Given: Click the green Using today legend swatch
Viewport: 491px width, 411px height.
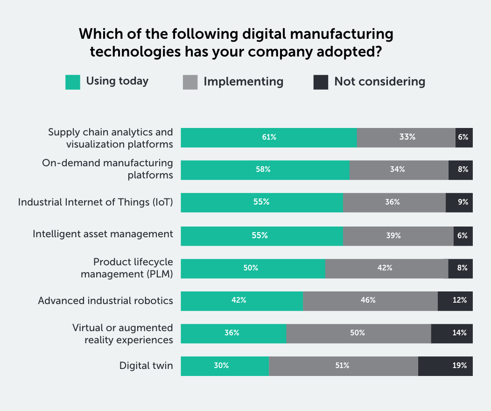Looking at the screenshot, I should point(73,82).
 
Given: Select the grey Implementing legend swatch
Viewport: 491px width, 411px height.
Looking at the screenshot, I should point(190,82).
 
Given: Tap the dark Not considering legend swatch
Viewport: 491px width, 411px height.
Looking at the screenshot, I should point(321,82).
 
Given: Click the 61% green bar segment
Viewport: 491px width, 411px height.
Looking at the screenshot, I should point(269,138).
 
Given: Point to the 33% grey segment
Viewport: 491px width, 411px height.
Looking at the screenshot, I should point(406,138).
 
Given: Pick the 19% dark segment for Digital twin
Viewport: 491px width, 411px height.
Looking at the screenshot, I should point(445,366).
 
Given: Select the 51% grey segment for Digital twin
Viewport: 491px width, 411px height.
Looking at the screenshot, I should point(343,366).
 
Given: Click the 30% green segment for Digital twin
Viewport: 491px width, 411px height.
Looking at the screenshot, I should point(224,366).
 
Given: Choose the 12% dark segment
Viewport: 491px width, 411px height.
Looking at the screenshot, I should point(455,301).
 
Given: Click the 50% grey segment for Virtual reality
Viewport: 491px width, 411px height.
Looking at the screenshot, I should point(358,333).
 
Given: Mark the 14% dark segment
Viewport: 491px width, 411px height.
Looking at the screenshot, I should point(452,333).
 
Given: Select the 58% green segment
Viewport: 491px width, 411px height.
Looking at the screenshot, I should point(265,170).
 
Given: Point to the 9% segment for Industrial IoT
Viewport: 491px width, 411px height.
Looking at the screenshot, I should point(459,203).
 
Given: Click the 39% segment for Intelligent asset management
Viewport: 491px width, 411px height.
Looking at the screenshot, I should point(398,236).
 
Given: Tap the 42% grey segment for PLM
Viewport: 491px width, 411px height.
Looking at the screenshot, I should point(386,269).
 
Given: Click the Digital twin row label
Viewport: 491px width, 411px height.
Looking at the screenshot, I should point(146,366).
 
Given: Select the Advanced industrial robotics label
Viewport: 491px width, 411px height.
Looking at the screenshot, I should point(105,300).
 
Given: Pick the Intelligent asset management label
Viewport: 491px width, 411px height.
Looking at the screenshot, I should point(103,234).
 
